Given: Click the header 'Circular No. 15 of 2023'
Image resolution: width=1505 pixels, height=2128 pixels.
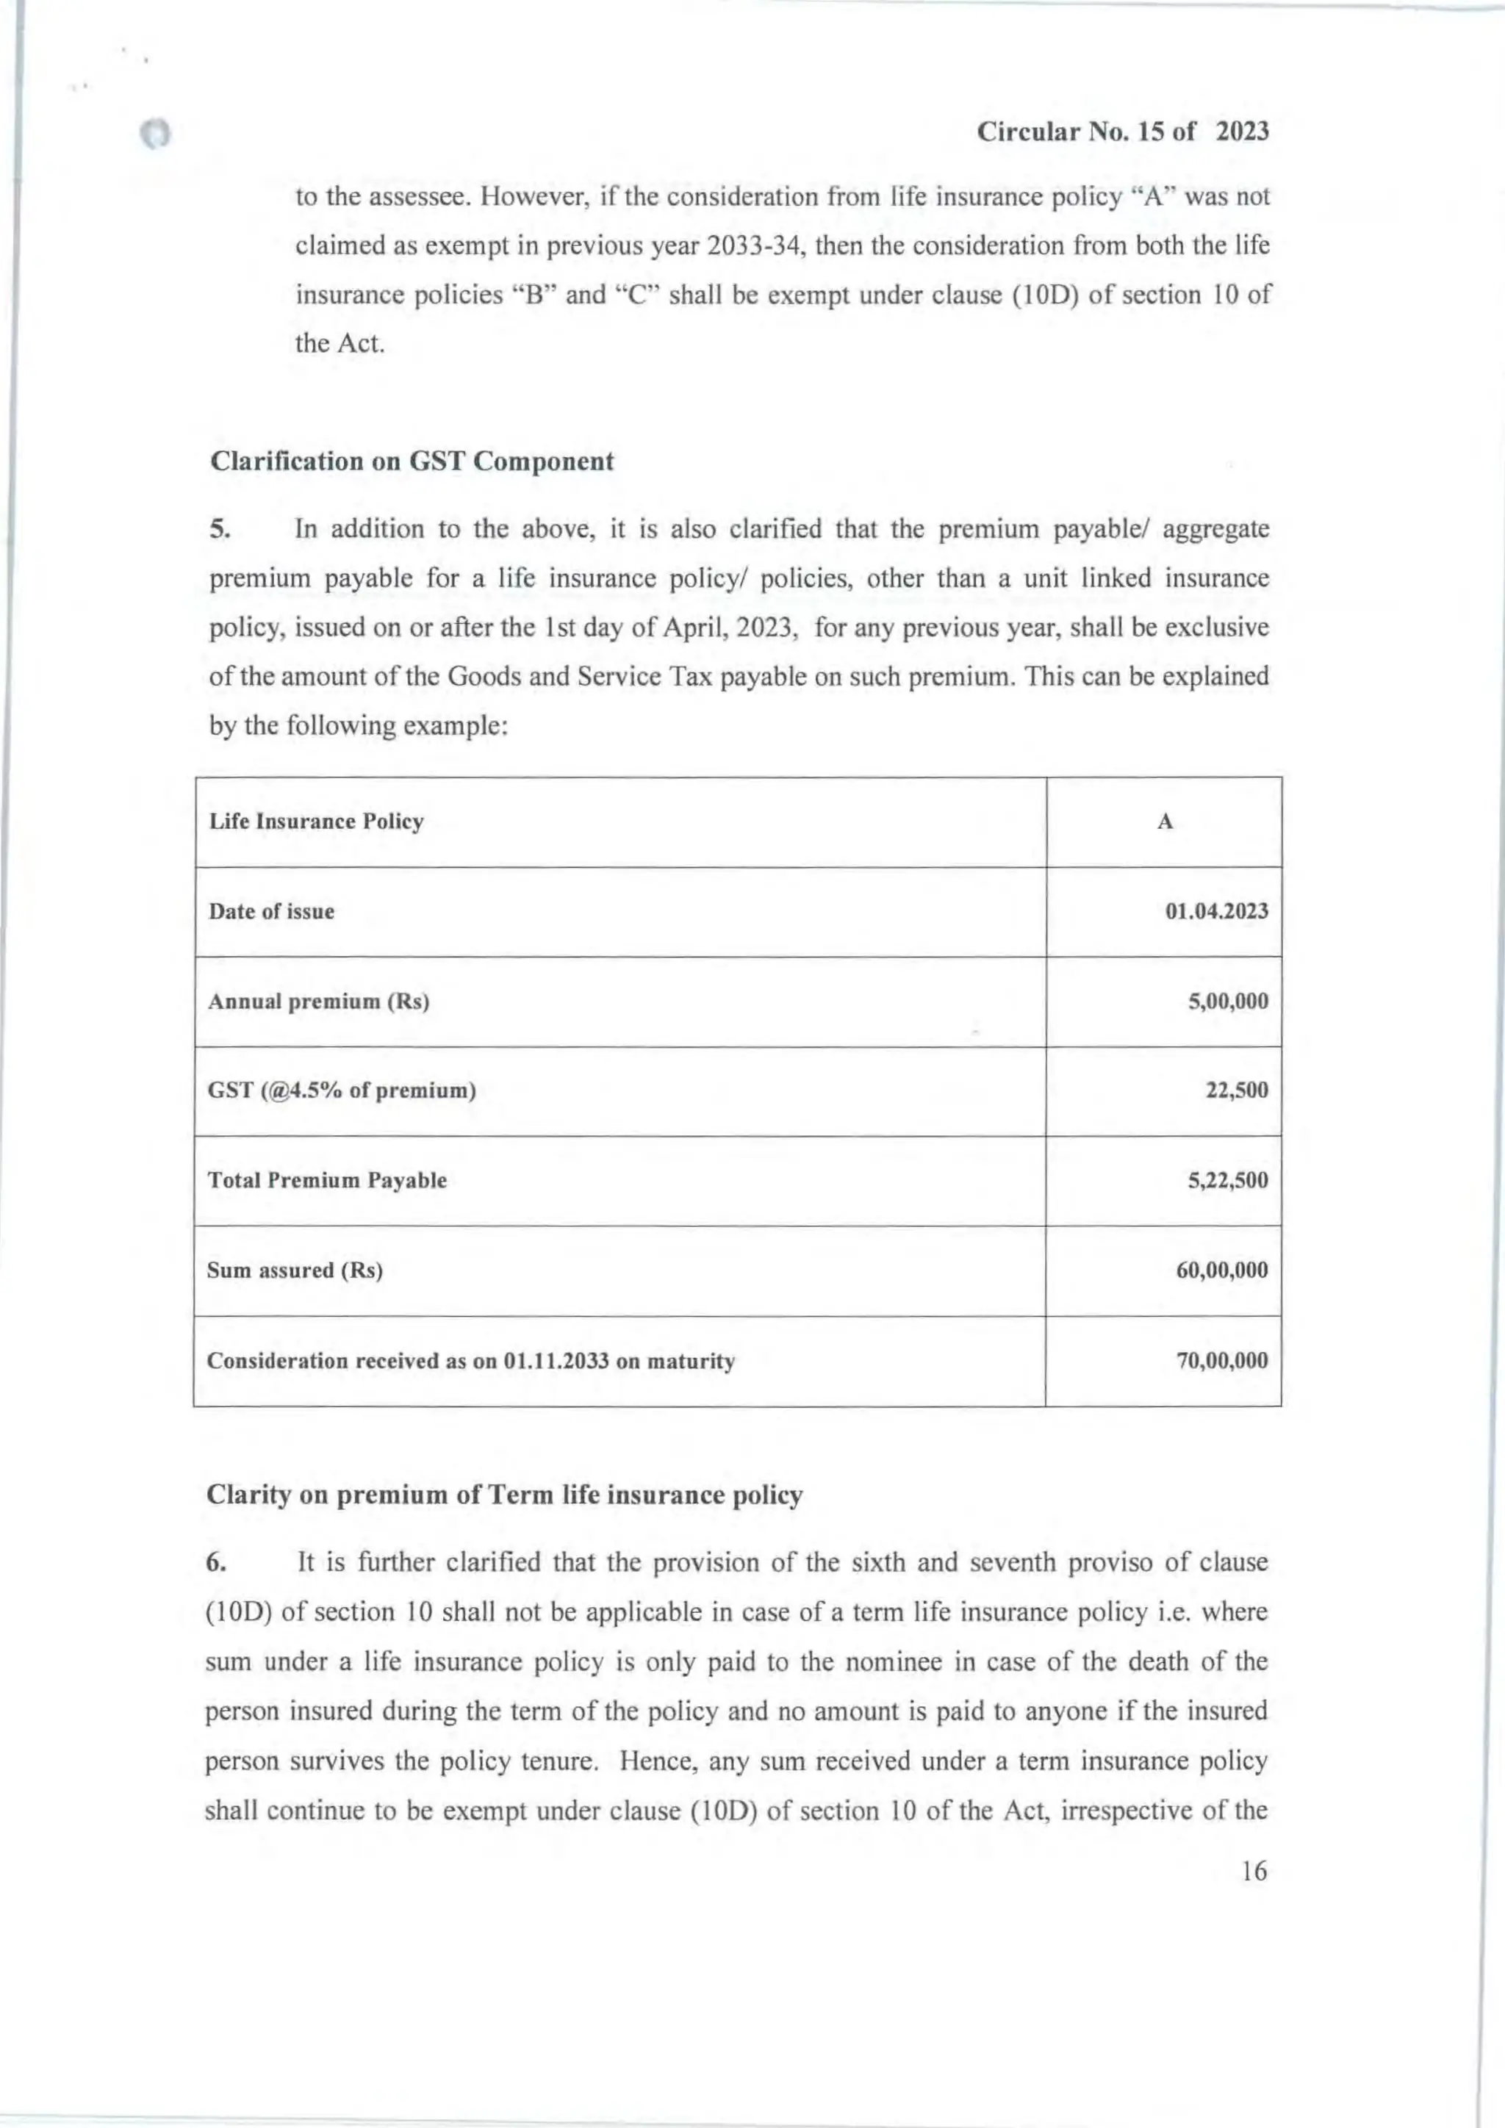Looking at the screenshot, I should pos(1122,132).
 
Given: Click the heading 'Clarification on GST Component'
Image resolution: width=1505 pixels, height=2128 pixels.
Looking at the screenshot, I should pos(412,461).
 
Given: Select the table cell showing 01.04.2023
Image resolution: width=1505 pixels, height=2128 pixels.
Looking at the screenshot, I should pos(1216,911).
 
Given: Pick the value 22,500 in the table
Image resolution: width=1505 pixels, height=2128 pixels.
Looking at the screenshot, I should pos(1236,1090).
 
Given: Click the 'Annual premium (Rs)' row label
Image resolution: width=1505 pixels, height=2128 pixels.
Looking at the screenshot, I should pos(318,1002).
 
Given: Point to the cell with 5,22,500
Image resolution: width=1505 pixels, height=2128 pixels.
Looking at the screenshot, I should pos(1228,1181).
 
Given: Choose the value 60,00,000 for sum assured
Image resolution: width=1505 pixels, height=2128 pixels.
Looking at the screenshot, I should pos(1221,1270).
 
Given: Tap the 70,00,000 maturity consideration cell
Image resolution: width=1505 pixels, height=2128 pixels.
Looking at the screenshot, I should pos(1221,1361).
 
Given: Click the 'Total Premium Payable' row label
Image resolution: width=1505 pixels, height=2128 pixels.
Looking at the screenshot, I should pos(326,1181).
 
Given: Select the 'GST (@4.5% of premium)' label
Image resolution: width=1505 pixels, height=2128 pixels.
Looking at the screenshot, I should pos(341,1090).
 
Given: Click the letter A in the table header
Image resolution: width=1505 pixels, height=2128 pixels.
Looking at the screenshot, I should pos(1165,822).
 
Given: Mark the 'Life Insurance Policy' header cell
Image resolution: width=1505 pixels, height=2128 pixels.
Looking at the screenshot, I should pos(316,822).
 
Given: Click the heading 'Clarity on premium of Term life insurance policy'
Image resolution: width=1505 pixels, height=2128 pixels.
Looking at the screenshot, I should pos(503,1496).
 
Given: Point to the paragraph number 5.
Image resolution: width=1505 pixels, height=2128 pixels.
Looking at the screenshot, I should pos(218,530).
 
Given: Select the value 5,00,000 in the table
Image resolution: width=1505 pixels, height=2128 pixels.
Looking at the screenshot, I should pos(1228,1002).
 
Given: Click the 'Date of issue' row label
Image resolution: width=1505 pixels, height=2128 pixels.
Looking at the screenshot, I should pos(270,911).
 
